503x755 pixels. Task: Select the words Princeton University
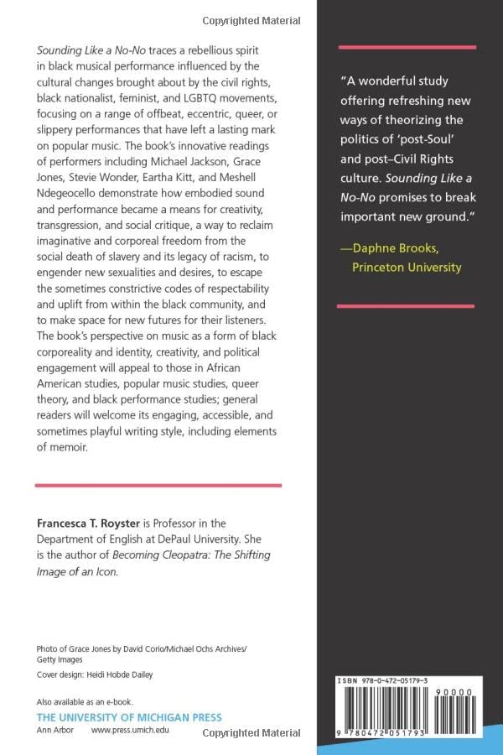[407, 267]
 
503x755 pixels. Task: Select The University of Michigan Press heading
[129, 717]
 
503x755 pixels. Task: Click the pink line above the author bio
[158, 485]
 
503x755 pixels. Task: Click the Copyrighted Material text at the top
[251, 19]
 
